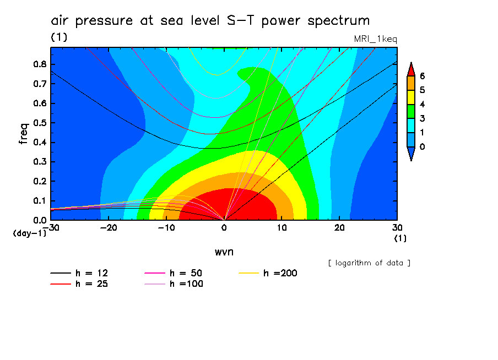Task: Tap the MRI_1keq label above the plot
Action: pos(375,39)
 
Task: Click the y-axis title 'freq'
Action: pos(23,133)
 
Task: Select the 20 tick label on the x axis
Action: pos(339,227)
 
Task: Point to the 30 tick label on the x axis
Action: pos(397,227)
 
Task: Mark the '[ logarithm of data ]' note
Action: pos(369,263)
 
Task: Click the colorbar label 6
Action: pos(422,76)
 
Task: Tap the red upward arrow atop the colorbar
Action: pos(410,69)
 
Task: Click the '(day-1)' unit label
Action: pos(29,233)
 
